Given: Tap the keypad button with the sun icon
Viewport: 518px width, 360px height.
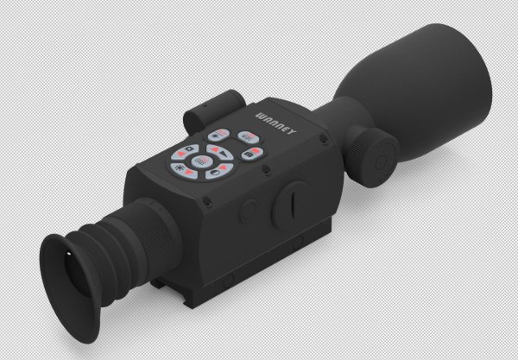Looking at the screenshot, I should coord(183,168).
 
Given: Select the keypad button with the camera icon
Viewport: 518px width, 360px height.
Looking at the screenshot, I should coord(250,155).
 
